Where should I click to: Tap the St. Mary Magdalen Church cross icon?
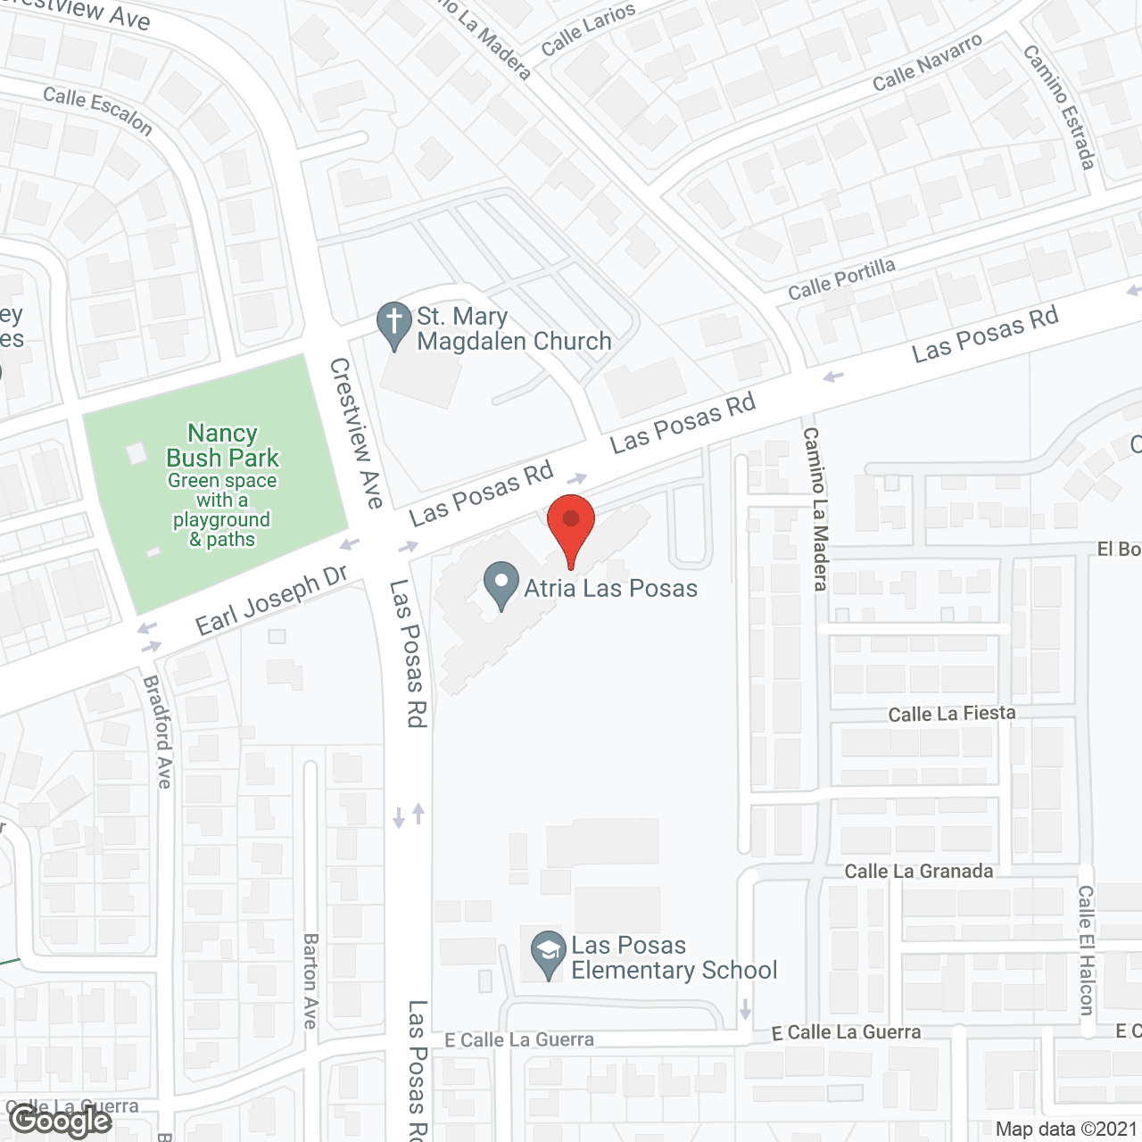coord(393,325)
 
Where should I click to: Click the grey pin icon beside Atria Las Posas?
coord(501,584)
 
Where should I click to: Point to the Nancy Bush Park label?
coord(222,445)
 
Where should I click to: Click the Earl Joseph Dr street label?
coord(271,600)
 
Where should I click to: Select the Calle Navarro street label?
coord(927,62)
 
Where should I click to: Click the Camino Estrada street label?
coord(1059,107)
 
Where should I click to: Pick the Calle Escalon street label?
coord(98,110)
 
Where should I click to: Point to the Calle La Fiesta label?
coord(951,714)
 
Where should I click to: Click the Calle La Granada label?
coord(918,872)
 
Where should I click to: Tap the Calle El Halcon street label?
coord(1086,949)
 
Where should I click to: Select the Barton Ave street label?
coord(310,981)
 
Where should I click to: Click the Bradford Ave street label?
coord(157,732)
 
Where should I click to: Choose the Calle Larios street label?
coord(588,29)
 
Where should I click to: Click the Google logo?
coord(61,1121)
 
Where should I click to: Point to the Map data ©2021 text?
coord(1066,1130)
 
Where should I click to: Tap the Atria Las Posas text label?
coord(610,588)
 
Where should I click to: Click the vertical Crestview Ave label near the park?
coord(356,433)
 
